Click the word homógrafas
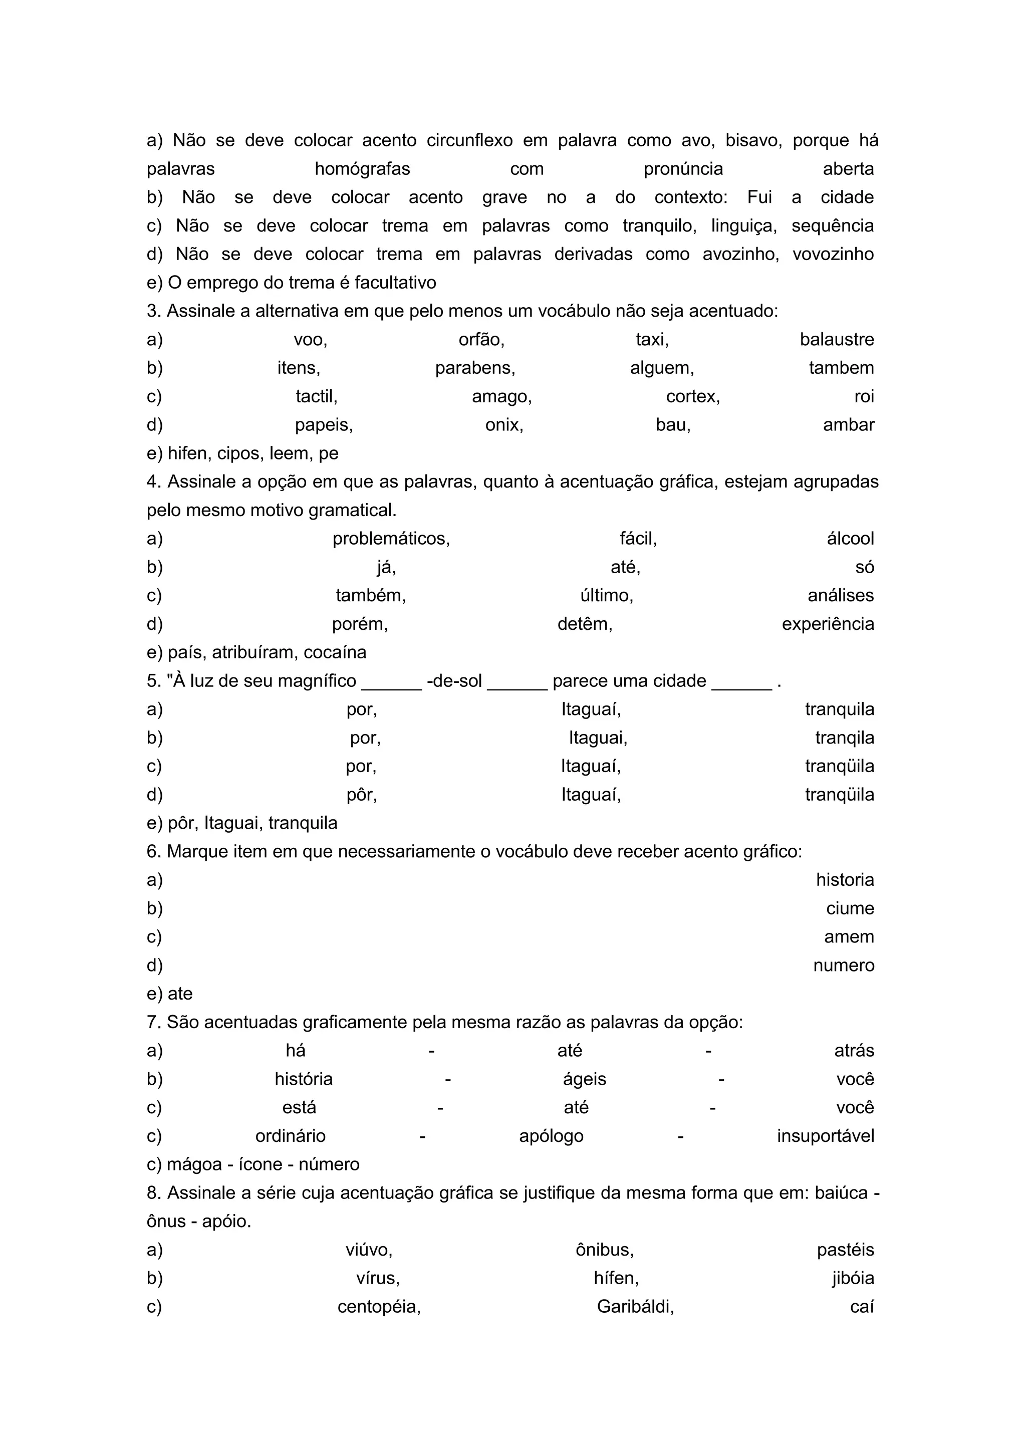coord(362,169)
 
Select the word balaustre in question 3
coord(837,340)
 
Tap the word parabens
coord(474,368)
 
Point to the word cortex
coord(692,397)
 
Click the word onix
coord(503,425)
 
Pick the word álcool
coord(850,539)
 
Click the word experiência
coord(828,624)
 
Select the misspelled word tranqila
coord(844,738)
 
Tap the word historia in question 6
coord(845,880)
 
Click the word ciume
coord(850,909)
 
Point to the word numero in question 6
coord(844,965)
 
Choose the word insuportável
coord(825,1136)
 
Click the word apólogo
coord(551,1136)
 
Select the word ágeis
coord(585,1079)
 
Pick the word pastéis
coord(845,1250)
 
